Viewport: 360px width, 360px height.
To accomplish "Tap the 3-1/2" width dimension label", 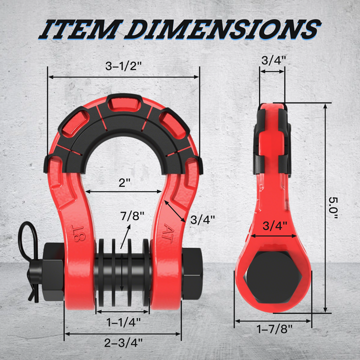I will click(x=123, y=66).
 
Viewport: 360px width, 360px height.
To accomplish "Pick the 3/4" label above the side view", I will click(x=272, y=60).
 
